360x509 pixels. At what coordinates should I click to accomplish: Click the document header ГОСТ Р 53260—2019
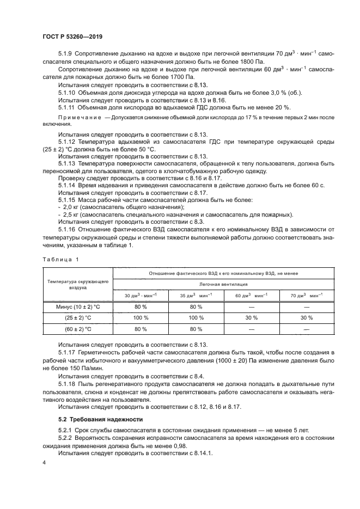[72, 36]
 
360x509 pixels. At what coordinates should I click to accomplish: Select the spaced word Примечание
[80, 117]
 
